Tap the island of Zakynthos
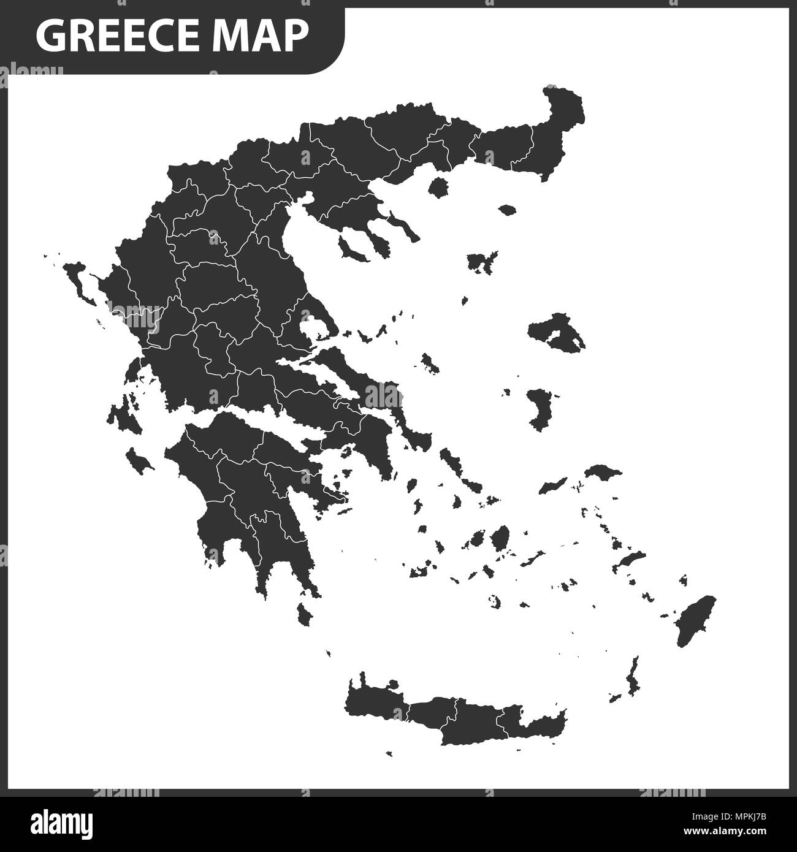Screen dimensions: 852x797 (x=139, y=460)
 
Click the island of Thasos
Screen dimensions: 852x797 (x=438, y=187)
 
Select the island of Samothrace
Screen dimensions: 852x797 (x=507, y=210)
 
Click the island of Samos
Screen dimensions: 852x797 (x=603, y=473)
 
